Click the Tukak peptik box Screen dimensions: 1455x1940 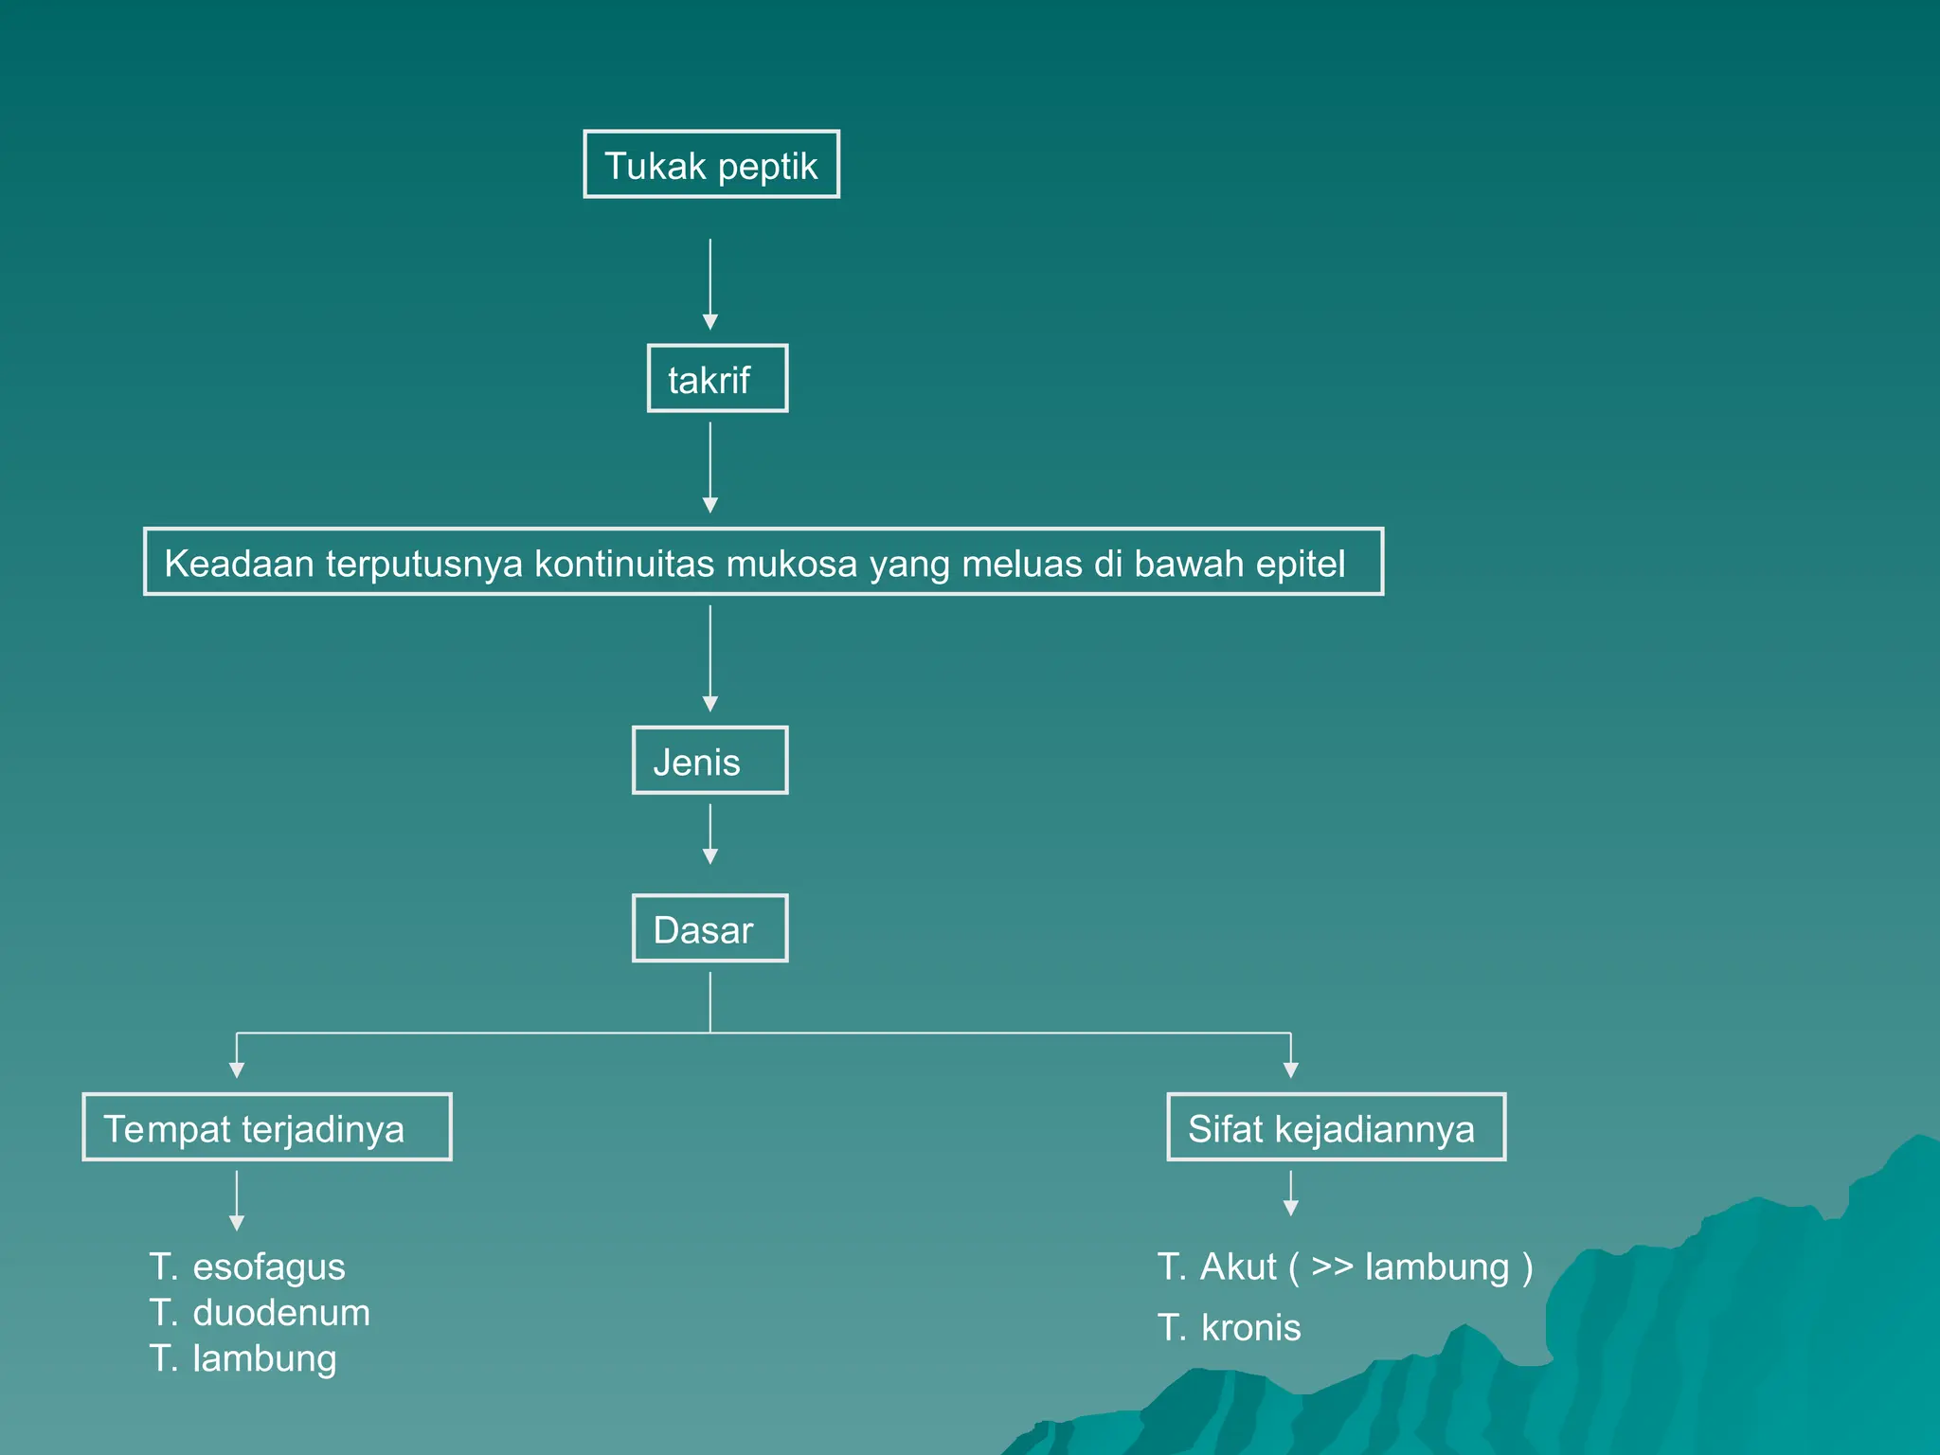coord(711,165)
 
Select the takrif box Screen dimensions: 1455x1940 coord(717,379)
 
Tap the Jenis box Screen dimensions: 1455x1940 coord(710,761)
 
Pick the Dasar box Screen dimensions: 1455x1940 coord(710,928)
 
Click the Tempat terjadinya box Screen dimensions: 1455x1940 coord(267,1127)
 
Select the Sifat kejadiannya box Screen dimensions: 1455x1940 coord(1336,1127)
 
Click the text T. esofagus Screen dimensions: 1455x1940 coord(247,1266)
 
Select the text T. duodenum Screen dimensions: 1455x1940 coord(260,1313)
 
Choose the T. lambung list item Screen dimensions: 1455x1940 coord(242,1358)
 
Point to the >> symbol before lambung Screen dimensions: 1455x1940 coord(1331,1266)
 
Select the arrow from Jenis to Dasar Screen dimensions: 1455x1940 coord(710,834)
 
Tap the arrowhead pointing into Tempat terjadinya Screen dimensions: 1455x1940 coord(237,1069)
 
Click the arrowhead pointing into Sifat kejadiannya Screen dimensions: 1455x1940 coord(1290,1069)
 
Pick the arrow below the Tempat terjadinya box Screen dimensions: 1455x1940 coord(237,1199)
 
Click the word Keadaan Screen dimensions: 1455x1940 coord(239,564)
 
